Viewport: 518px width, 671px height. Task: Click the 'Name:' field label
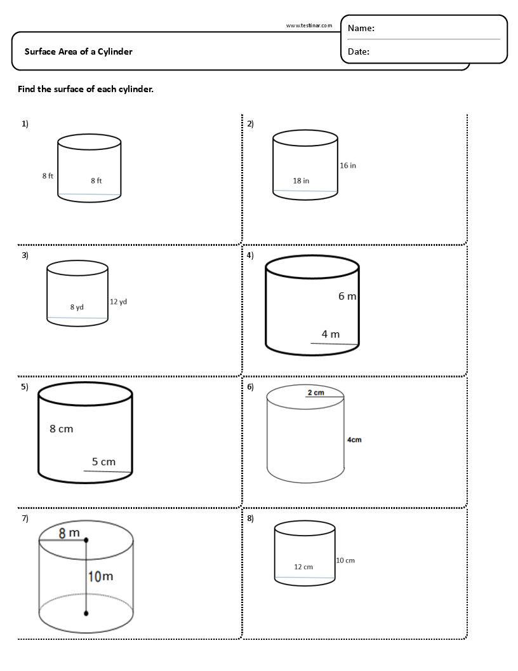(361, 28)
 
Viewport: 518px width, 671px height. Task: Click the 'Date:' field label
(359, 52)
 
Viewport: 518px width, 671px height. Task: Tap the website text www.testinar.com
(309, 25)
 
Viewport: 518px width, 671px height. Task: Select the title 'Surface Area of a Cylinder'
(79, 51)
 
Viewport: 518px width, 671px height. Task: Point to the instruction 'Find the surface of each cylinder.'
(86, 89)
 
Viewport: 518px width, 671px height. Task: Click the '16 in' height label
(348, 165)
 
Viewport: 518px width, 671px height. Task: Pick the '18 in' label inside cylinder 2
(301, 180)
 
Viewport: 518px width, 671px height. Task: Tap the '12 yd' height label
(118, 301)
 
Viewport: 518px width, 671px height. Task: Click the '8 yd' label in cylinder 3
(77, 307)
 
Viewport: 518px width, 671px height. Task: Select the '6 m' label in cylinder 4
(347, 296)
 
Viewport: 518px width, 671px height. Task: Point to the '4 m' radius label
(330, 334)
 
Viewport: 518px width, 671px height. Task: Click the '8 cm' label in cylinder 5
(62, 429)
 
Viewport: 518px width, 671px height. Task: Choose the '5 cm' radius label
(103, 462)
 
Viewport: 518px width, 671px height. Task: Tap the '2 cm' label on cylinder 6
(315, 393)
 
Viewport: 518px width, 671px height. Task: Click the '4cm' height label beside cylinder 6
(354, 440)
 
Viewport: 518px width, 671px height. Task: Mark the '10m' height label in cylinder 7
(100, 576)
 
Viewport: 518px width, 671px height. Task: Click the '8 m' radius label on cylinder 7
(69, 533)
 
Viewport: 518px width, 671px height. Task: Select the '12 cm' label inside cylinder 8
(303, 567)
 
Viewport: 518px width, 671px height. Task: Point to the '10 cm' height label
(345, 560)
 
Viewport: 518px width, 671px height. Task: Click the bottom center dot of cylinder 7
(86, 614)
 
